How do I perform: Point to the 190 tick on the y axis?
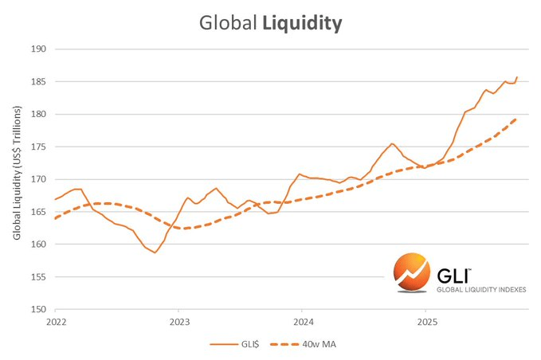(39, 49)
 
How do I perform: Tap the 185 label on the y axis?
(39, 82)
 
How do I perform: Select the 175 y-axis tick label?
(39, 147)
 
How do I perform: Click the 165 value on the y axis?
(39, 212)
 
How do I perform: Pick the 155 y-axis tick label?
(39, 277)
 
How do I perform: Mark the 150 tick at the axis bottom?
(39, 310)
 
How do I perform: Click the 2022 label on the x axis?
(55, 323)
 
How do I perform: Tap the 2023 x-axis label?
(178, 323)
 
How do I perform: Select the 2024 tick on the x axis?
(302, 323)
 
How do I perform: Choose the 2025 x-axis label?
(425, 323)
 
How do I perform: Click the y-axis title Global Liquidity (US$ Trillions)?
(18, 179)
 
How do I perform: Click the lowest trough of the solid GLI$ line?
(155, 252)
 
